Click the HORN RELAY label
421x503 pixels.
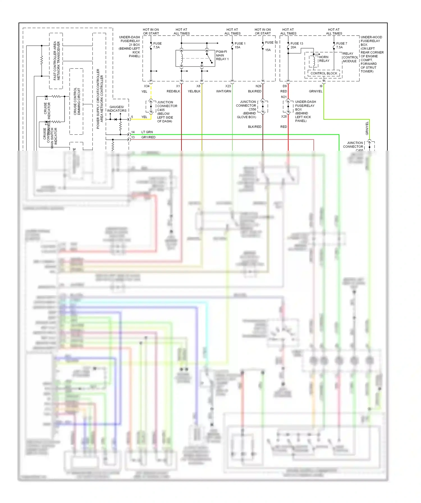click(x=324, y=59)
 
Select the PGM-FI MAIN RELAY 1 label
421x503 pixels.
click(x=222, y=55)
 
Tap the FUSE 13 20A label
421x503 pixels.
click(x=297, y=45)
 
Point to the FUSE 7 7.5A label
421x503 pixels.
click(x=342, y=45)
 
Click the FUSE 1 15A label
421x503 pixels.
click(x=240, y=45)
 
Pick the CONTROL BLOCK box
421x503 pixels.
click(x=324, y=74)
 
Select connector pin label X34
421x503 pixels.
click(x=147, y=86)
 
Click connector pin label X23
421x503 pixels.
click(x=228, y=86)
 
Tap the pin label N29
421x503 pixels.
click(x=258, y=86)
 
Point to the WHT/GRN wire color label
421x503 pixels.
click(x=223, y=91)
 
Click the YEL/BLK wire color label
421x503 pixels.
click(x=194, y=91)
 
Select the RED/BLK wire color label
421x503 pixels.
click(x=173, y=91)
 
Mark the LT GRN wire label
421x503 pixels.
click(x=147, y=132)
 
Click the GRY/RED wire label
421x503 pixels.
click(x=148, y=137)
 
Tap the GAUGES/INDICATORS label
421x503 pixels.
click(x=117, y=109)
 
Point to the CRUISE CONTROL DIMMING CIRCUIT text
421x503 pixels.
click(x=77, y=101)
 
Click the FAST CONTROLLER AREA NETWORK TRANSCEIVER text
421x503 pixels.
click(x=56, y=61)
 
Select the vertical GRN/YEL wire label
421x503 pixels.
click(x=367, y=128)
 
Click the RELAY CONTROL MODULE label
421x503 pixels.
click(x=350, y=57)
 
